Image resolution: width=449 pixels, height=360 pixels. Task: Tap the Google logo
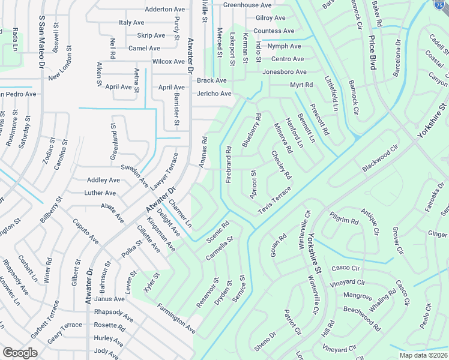20,353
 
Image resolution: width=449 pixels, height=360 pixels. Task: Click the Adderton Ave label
165,10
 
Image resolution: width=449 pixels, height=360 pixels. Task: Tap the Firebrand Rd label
229,165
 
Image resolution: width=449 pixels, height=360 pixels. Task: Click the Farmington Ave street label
176,319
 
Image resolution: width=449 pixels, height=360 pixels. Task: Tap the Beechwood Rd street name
362,318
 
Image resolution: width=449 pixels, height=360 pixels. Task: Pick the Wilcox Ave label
169,62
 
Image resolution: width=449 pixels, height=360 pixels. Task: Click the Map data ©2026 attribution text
423,355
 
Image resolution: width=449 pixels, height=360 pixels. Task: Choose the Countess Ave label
274,31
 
